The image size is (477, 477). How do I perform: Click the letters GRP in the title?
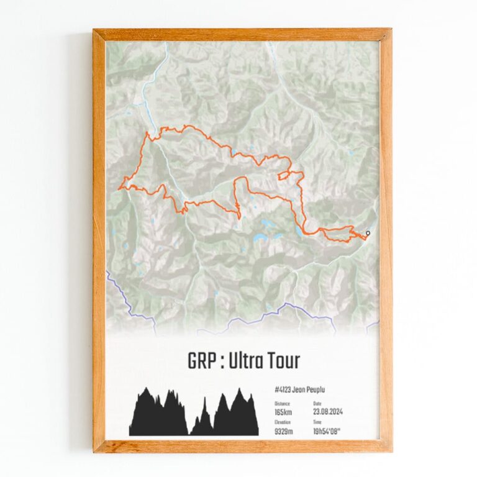pos(200,361)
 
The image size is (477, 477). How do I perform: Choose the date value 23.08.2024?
pos(329,411)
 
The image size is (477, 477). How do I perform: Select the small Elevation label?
pos(282,421)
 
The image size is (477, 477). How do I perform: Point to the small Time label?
pos(317,421)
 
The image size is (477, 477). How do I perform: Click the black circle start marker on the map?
pos(368,234)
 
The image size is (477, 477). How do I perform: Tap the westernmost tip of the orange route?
pos(120,184)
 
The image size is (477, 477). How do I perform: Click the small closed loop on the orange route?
pos(285,175)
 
